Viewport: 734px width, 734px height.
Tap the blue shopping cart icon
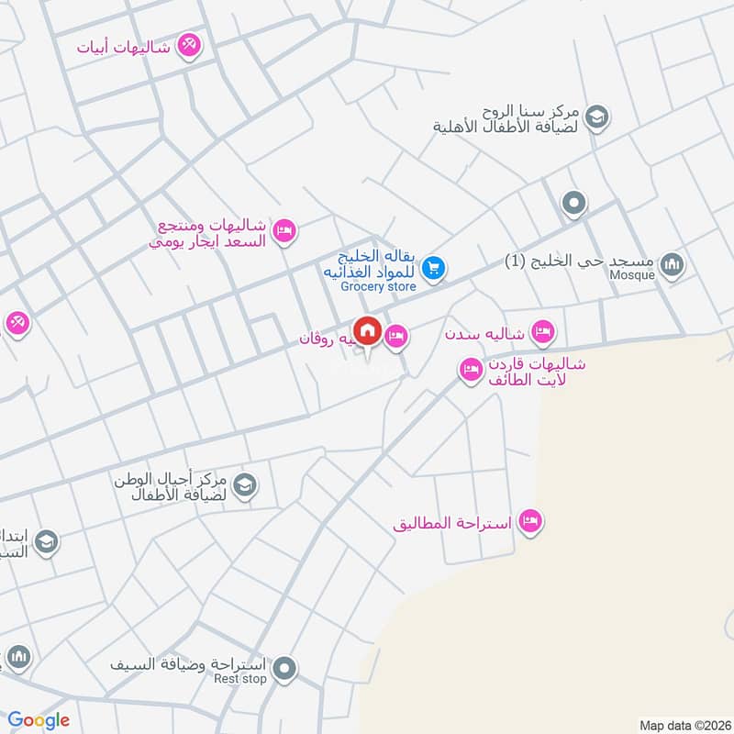pyautogui.click(x=434, y=268)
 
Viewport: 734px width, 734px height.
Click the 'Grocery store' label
pyautogui.click(x=378, y=286)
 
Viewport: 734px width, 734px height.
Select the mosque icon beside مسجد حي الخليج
pyautogui.click(x=673, y=264)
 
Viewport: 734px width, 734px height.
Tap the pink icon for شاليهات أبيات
pyautogui.click(x=188, y=44)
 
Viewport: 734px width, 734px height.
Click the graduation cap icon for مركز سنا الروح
pyautogui.click(x=597, y=117)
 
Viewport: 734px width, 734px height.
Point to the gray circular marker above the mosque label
pyautogui.click(x=574, y=203)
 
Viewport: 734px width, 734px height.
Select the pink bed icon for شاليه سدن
pyautogui.click(x=542, y=330)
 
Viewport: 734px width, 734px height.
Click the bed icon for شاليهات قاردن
pyautogui.click(x=471, y=370)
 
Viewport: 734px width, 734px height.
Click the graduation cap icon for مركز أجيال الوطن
pyautogui.click(x=245, y=485)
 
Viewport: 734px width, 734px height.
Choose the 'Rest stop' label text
pyautogui.click(x=239, y=679)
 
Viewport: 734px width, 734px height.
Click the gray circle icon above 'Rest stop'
pyautogui.click(x=286, y=669)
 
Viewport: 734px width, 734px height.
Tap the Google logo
pyautogui.click(x=39, y=720)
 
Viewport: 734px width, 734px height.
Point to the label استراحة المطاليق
pyautogui.click(x=451, y=524)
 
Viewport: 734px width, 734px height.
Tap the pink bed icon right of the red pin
pyautogui.click(x=396, y=338)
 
